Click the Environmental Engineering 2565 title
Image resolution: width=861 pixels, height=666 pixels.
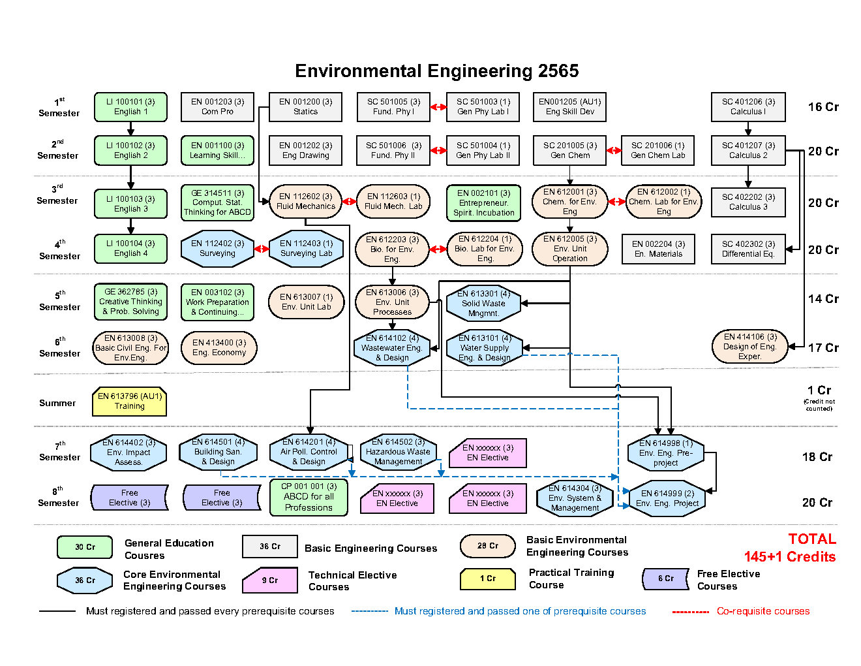point(436,71)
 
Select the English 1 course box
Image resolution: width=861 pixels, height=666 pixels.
point(130,107)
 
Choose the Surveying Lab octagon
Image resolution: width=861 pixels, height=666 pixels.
point(306,249)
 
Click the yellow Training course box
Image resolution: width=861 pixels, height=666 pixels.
point(130,402)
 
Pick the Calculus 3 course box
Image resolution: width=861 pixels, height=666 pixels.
point(748,202)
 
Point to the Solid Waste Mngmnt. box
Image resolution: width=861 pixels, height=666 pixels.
point(483,304)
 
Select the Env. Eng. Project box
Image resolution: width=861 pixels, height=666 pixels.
point(667,499)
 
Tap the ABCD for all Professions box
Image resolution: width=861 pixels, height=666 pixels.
point(309,498)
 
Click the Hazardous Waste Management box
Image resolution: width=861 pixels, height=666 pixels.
point(398,452)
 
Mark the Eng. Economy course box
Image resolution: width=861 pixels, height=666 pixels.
point(219,348)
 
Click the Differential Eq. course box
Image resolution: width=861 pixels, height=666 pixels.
point(748,249)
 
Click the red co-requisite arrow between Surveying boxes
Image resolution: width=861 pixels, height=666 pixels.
point(262,249)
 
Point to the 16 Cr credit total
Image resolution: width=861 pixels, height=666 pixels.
point(823,107)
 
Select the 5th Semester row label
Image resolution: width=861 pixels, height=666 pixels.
point(59,301)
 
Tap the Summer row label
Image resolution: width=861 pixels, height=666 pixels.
point(57,404)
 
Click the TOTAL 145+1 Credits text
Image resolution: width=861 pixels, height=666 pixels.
point(790,548)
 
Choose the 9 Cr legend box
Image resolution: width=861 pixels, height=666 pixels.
point(270,580)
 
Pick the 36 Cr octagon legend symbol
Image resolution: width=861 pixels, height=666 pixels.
point(85,580)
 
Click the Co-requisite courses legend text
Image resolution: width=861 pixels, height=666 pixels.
point(763,612)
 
